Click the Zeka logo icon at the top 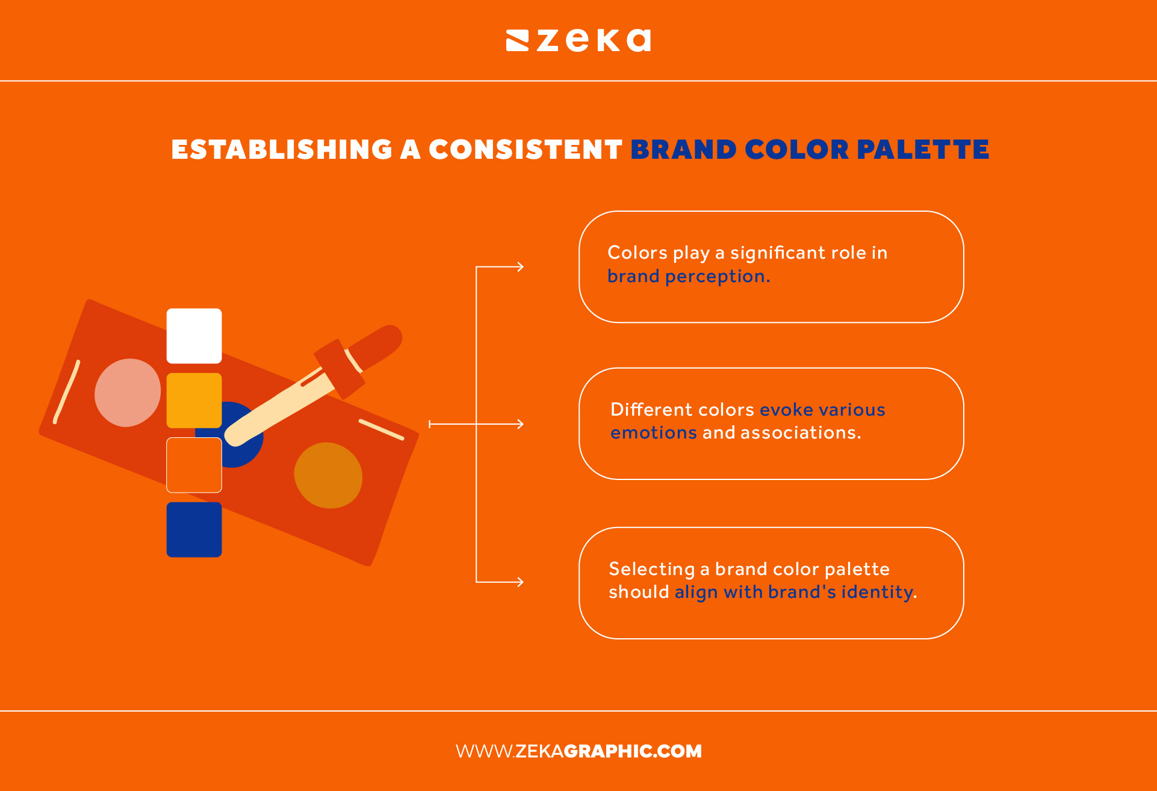[517, 41]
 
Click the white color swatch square [194, 336]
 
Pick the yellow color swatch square [194, 400]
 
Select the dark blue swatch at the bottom [194, 529]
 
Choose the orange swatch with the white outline [194, 465]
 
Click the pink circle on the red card [128, 393]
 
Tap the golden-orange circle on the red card [328, 475]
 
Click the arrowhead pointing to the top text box [520, 267]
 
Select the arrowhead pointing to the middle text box [520, 424]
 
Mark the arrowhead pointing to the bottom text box [520, 582]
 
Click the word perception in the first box [717, 277]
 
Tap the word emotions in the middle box [653, 433]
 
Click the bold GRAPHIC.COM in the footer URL [633, 751]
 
